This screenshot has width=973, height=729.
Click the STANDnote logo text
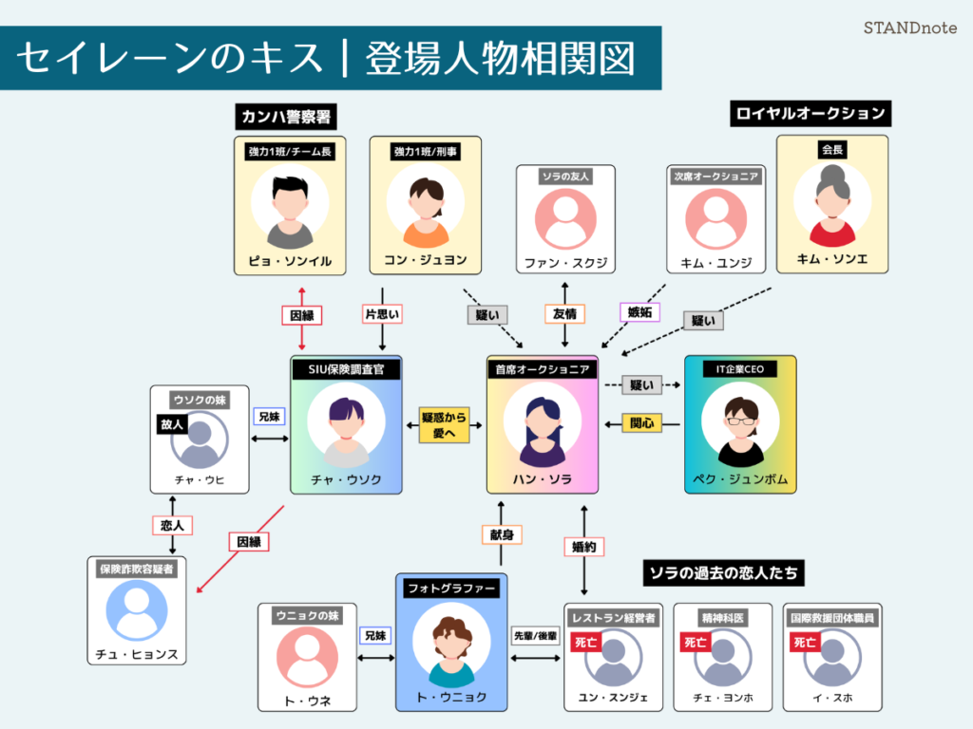[x=911, y=28]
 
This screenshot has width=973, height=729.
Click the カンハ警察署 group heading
[x=288, y=116]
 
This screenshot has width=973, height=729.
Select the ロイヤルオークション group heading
[x=811, y=113]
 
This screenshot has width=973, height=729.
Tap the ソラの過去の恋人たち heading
[x=725, y=572]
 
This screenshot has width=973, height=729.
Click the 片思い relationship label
[x=382, y=313]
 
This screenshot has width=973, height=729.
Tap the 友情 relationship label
[x=565, y=313]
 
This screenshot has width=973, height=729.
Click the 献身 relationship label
[x=501, y=534]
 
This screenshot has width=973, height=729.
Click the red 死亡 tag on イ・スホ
[x=804, y=643]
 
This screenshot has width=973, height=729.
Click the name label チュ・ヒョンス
[x=136, y=655]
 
